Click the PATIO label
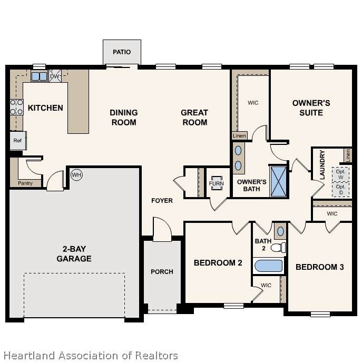click(x=122, y=52)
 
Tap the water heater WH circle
click(x=76, y=175)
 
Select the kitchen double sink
click(x=39, y=76)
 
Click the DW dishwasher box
click(x=55, y=76)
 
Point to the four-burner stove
click(x=17, y=107)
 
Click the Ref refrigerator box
click(x=18, y=140)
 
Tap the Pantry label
click(x=25, y=183)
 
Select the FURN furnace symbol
click(x=217, y=183)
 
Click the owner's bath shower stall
click(x=278, y=181)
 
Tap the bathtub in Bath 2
click(x=269, y=266)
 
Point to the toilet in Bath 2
click(x=278, y=248)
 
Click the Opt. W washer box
click(x=340, y=174)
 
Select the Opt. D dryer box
click(x=340, y=190)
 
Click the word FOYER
click(x=162, y=201)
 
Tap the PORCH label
click(x=162, y=272)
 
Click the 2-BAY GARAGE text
click(x=74, y=254)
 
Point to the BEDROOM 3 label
click(x=320, y=267)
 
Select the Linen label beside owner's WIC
click(x=239, y=136)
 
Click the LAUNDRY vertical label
click(x=322, y=165)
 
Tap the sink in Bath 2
click(x=280, y=231)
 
